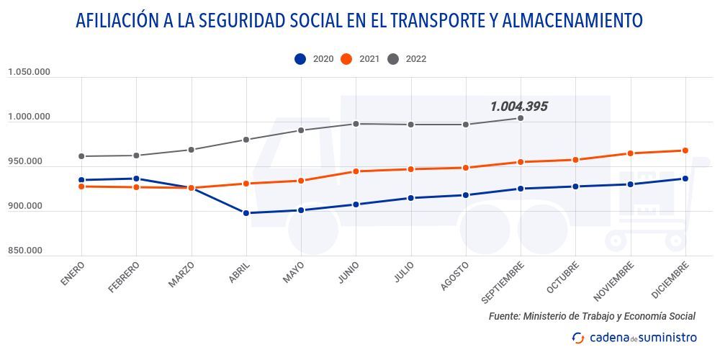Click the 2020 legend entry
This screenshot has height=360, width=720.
point(314,59)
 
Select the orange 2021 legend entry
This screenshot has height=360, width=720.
point(360,59)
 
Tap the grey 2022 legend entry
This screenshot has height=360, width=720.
point(407,59)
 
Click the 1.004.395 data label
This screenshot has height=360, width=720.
point(518,107)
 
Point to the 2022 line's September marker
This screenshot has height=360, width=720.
point(521,118)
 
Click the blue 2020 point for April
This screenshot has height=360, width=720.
point(246,213)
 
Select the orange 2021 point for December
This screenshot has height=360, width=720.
point(685,150)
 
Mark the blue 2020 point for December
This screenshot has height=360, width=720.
point(685,179)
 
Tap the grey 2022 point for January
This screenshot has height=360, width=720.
point(81,156)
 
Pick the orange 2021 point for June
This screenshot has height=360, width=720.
point(356,171)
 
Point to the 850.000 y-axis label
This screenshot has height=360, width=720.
point(25,251)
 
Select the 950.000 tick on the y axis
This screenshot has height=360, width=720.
point(25,161)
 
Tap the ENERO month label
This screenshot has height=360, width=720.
point(73,274)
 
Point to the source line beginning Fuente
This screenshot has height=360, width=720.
point(592,316)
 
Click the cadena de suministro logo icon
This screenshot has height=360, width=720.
point(578,338)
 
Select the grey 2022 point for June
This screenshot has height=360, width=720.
point(356,124)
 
